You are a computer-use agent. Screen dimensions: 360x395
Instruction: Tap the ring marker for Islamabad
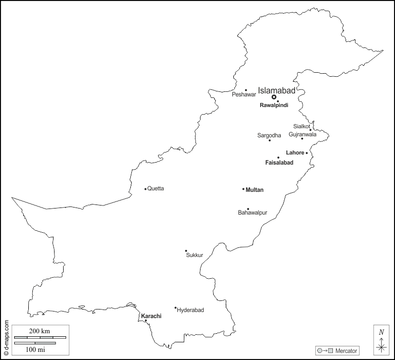pos(274,96)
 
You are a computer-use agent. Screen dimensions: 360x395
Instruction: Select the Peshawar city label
pos(244,94)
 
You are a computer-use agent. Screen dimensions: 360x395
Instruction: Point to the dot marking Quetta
pos(145,189)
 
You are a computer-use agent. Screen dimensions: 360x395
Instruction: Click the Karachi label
pos(151,316)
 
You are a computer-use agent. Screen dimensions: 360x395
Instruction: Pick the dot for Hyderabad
pos(176,307)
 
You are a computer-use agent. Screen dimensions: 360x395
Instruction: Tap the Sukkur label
pos(194,255)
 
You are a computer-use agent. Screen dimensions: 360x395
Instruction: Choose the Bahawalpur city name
pos(253,213)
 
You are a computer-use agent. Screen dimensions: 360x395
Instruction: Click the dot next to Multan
pos(243,189)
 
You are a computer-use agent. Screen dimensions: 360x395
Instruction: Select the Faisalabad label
pos(279,163)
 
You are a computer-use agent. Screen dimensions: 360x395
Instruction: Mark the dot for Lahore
pos(307,152)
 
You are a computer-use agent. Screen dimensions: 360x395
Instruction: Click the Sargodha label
pos(269,135)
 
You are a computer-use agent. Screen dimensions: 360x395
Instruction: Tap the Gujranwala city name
pos(303,134)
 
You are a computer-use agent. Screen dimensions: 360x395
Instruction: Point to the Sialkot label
pos(302,126)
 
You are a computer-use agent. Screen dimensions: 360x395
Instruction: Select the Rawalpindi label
pos(274,105)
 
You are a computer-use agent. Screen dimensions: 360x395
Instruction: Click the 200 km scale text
pos(40,330)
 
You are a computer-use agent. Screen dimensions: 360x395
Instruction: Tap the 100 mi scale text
pos(34,349)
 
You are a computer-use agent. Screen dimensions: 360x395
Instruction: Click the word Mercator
pos(345,350)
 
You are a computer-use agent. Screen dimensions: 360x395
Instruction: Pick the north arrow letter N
pos(381,332)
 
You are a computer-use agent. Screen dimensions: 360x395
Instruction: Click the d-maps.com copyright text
pos(6,338)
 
